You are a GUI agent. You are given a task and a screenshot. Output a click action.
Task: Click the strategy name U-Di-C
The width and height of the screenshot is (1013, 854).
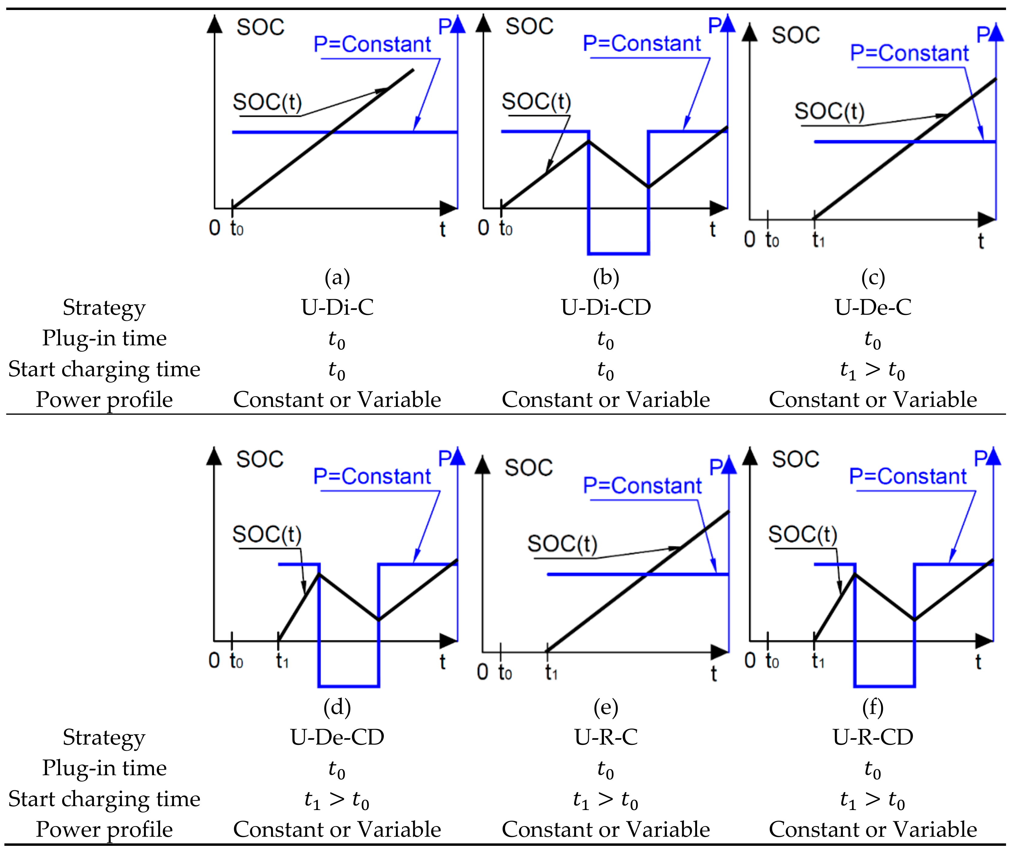click(337, 307)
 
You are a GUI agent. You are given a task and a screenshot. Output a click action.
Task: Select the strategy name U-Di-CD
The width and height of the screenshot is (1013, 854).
click(606, 307)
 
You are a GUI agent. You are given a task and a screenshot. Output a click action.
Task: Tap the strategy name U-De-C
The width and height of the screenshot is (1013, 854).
click(873, 307)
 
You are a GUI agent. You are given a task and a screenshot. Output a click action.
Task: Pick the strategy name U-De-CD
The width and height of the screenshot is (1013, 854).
click(337, 737)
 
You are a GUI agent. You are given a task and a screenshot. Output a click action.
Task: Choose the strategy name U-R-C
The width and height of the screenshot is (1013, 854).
click(606, 737)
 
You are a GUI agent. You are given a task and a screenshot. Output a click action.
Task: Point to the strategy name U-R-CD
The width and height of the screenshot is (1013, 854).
click(873, 737)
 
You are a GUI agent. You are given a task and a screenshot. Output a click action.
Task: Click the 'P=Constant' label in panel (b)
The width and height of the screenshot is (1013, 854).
click(642, 44)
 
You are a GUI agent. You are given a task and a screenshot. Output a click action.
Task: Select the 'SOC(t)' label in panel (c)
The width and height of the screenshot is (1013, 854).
click(829, 111)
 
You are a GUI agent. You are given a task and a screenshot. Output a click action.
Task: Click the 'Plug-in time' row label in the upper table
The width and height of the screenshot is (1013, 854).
click(104, 338)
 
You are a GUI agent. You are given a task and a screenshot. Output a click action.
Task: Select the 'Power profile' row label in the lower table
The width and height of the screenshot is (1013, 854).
click(104, 829)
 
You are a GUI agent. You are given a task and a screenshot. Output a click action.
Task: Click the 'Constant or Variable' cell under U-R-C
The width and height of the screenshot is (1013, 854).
click(606, 829)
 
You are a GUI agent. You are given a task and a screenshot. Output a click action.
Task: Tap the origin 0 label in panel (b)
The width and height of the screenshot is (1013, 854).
click(483, 228)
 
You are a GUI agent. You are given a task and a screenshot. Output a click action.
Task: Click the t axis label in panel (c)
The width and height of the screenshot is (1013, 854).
click(981, 240)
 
